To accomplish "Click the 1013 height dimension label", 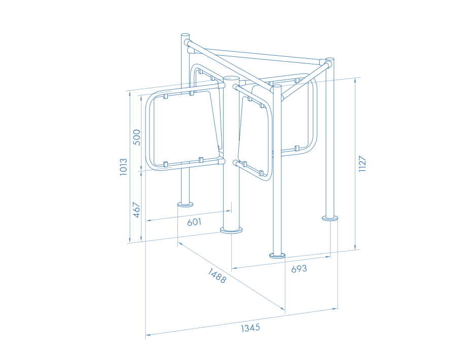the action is coord(124,167).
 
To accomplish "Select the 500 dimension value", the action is coord(136,137).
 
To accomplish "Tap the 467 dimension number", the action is coord(136,210).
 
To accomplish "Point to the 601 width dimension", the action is coord(194,222).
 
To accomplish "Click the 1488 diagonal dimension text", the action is coord(216,276).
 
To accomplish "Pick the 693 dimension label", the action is coord(299,269).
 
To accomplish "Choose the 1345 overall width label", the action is coord(250,328).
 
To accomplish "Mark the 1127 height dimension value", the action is coord(363,164).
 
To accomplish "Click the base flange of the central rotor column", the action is coord(231,230).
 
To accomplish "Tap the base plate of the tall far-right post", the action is coord(330,218).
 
